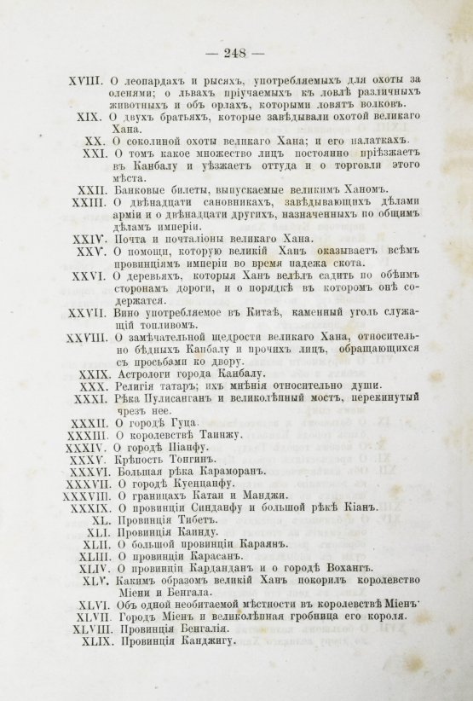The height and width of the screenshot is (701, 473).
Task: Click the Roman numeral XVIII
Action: [85, 82]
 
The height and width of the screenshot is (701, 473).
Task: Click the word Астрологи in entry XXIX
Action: [150, 374]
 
